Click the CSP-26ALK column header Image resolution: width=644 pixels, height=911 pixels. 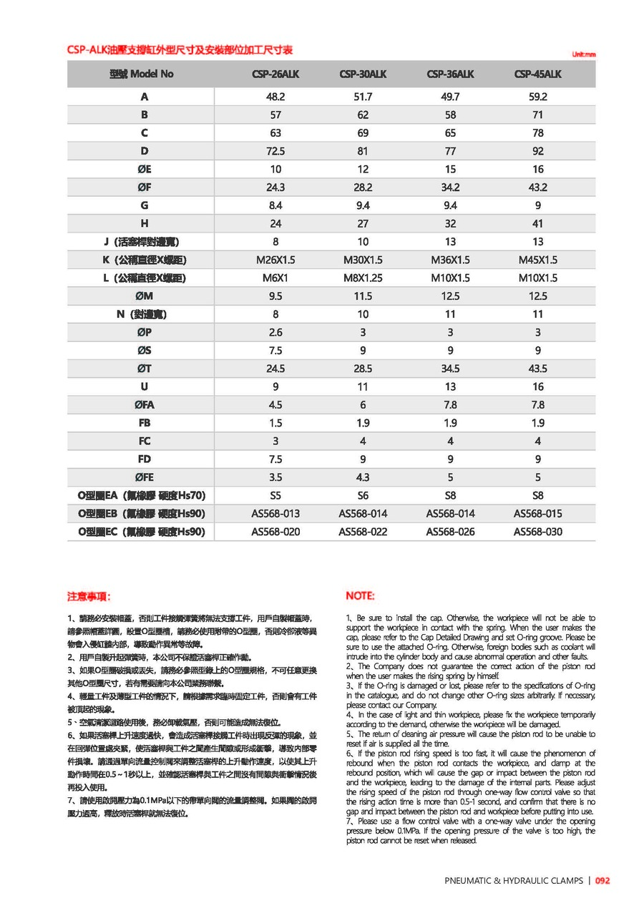point(275,74)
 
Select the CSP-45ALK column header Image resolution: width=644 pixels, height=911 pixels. point(538,74)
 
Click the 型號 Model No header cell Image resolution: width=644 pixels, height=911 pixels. point(142,74)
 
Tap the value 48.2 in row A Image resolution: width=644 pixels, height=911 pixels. point(275,97)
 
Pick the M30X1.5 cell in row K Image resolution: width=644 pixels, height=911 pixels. point(363,260)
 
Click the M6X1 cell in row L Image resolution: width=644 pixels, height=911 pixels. point(275,278)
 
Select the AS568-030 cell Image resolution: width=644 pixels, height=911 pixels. point(538,532)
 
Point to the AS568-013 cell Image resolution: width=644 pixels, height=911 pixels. point(275,513)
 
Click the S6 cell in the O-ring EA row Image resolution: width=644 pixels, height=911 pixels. point(363,495)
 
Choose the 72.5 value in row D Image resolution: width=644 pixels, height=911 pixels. point(275,151)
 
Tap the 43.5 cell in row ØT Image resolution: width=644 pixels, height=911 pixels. point(538,369)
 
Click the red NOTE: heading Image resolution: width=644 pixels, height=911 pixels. point(360,596)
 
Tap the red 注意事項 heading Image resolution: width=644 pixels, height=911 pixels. point(89,596)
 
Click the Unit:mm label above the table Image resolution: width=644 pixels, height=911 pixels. point(584,54)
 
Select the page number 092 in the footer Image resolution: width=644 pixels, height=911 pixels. point(602,881)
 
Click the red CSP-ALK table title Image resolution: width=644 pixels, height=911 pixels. point(180,50)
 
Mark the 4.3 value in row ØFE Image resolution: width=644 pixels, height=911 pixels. point(363,477)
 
